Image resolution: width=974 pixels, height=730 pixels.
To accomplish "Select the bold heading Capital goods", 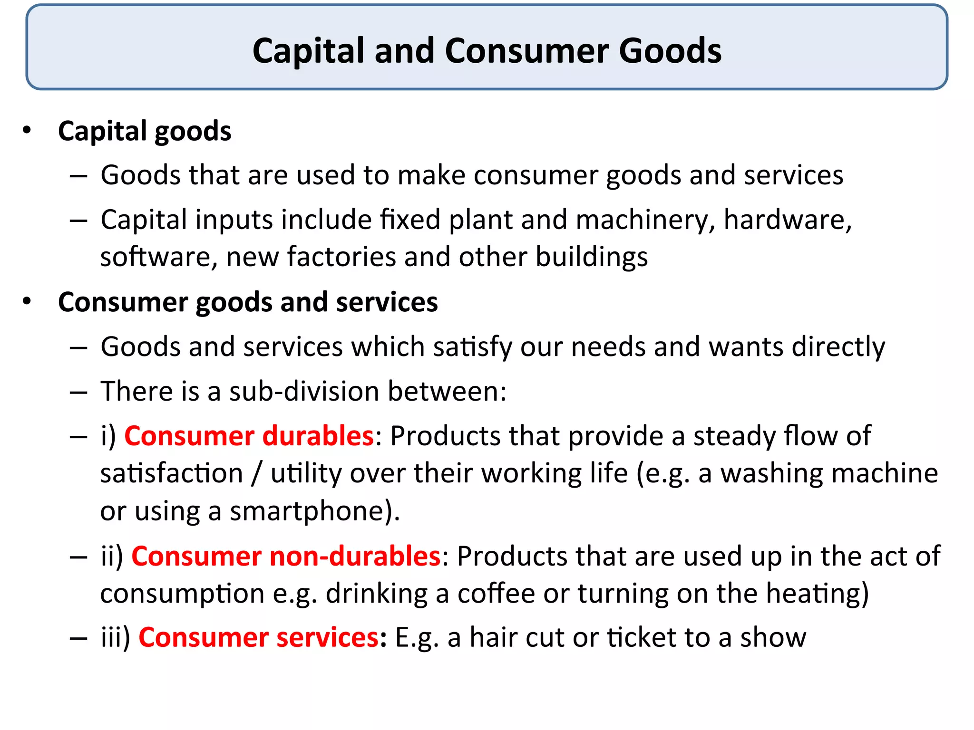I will [x=145, y=131].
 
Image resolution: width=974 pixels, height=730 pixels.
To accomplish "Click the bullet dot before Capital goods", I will [x=27, y=130].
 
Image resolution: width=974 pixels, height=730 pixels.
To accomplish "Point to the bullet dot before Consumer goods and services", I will [x=27, y=301].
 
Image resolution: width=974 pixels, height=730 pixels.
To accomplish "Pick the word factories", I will [x=341, y=257].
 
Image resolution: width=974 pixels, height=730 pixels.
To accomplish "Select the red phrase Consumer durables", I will [x=249, y=436].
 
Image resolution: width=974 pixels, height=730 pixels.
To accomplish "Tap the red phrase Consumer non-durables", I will [x=286, y=556].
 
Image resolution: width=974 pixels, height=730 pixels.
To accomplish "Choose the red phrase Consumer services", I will [x=259, y=637].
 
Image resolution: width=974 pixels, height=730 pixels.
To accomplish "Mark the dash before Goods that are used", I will [x=78, y=176].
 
